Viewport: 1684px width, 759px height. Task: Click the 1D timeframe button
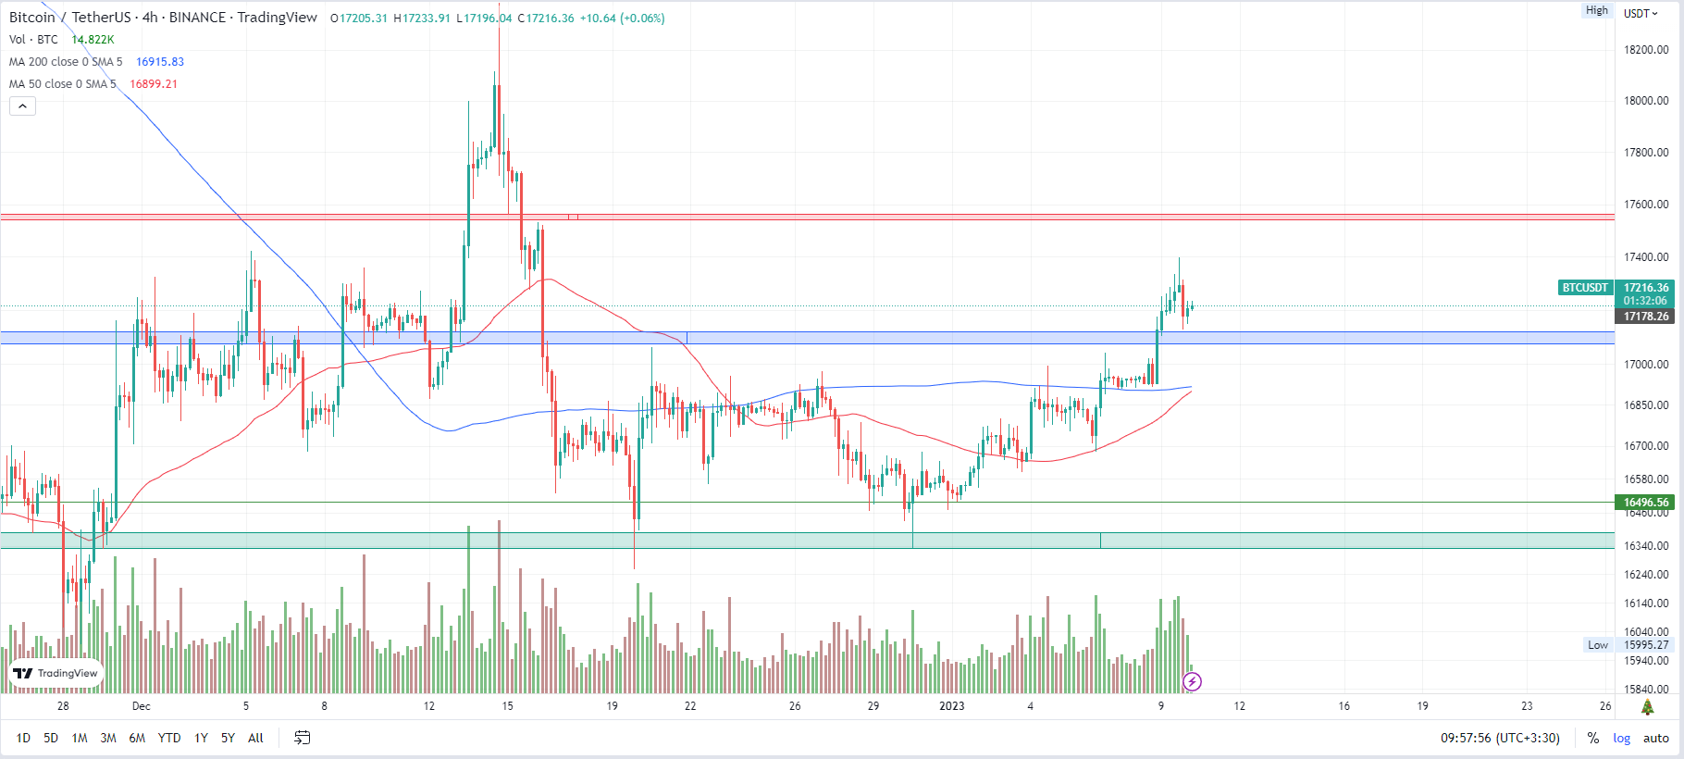[x=23, y=738]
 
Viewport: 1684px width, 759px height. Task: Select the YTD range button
[x=169, y=738]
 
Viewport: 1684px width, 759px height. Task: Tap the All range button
[x=256, y=738]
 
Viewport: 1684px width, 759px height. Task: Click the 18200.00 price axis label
[x=1647, y=50]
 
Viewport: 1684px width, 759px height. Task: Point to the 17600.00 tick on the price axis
[x=1647, y=205]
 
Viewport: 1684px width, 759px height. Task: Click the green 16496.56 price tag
[x=1647, y=503]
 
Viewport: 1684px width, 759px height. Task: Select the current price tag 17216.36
[x=1647, y=288]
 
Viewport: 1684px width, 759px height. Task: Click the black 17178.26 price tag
[x=1647, y=317]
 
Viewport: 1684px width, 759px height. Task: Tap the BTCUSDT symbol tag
[x=1585, y=288]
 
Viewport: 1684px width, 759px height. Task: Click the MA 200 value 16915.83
[x=160, y=62]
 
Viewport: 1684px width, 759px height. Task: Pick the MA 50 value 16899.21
[x=154, y=84]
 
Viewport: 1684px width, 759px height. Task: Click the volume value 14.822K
[x=93, y=40]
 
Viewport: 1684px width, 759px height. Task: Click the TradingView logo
[x=56, y=673]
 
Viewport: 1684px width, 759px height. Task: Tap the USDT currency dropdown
[x=1641, y=14]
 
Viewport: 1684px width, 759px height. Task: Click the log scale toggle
[x=1622, y=738]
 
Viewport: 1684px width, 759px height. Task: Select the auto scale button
[x=1656, y=738]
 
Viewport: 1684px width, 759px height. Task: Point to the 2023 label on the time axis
[x=952, y=706]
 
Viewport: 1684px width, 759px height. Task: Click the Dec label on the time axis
[x=141, y=706]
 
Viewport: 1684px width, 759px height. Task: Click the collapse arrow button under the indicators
[x=22, y=106]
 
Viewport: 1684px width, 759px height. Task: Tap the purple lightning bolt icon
[x=1193, y=682]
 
